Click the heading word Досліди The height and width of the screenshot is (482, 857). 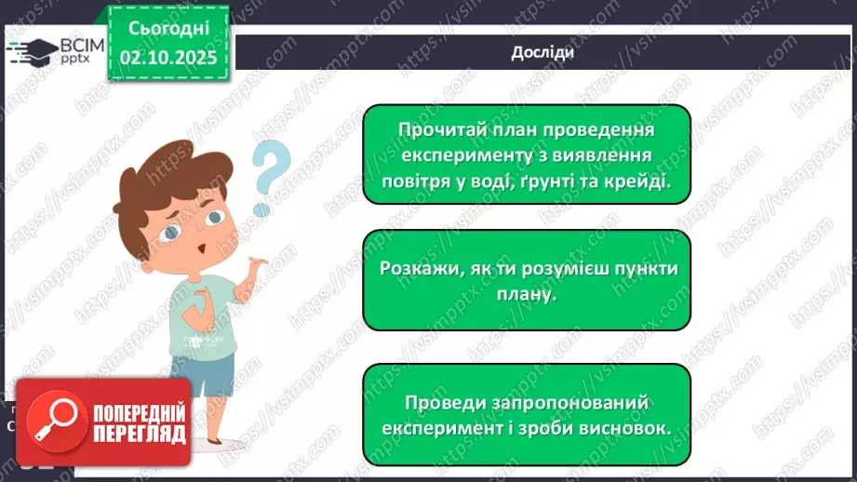pos(542,52)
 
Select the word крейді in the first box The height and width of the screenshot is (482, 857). pos(637,181)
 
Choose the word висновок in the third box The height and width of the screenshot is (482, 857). pos(627,428)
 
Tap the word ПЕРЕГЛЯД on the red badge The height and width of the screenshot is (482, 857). pos(139,434)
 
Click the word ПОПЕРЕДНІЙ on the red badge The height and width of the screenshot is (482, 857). pos(139,412)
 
